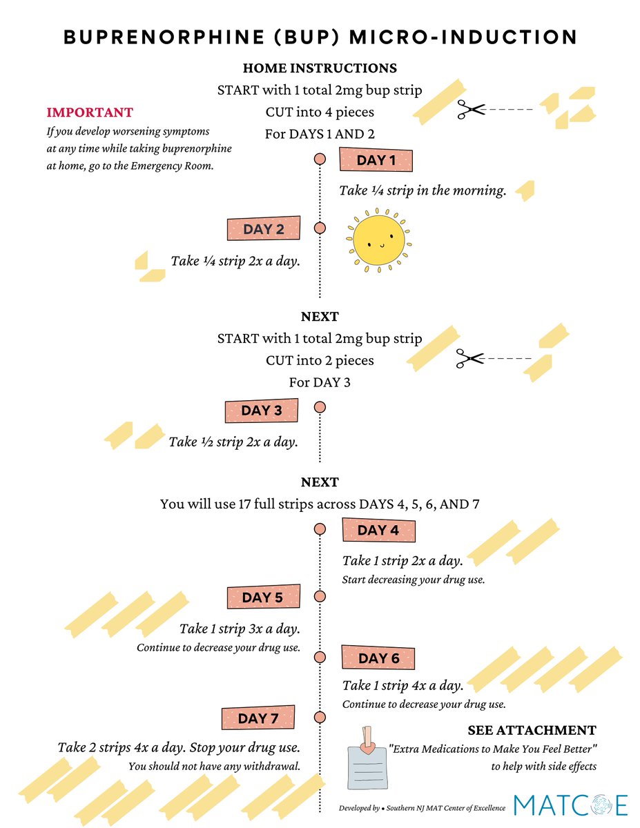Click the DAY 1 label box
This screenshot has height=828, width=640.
pos(376,159)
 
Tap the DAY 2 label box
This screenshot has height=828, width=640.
pos(264,228)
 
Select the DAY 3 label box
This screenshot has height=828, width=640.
pos(262,411)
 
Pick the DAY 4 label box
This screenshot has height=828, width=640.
pos(378,530)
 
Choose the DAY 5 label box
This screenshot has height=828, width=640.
pos(264,597)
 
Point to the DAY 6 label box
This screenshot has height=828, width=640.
pos(378,658)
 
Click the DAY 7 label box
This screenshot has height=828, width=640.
pos(258,718)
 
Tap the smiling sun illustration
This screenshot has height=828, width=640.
pos(378,240)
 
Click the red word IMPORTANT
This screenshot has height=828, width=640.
pos(90,112)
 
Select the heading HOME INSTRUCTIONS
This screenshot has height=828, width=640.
pos(320,68)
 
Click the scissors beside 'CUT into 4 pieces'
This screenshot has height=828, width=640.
pos(471,109)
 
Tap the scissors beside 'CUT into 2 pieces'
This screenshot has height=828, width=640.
pos(469,358)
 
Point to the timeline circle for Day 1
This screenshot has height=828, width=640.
pos(320,159)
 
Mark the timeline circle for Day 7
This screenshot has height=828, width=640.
pos(320,717)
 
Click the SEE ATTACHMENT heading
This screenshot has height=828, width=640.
pos(532,731)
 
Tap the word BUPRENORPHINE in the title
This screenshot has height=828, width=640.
pos(164,37)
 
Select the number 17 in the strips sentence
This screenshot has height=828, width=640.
pos(244,504)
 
